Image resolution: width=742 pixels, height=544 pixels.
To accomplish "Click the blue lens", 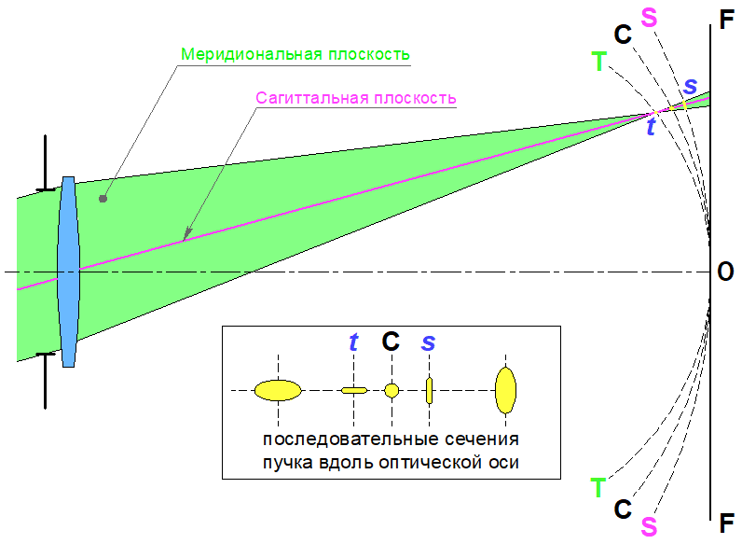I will [x=68, y=271].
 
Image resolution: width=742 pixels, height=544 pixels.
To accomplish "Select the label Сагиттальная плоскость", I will [x=355, y=97].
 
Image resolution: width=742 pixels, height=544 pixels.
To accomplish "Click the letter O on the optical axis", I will [x=725, y=272].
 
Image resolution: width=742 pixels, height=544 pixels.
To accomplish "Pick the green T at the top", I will [x=598, y=63].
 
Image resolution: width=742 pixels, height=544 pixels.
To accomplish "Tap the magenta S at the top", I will [x=649, y=17].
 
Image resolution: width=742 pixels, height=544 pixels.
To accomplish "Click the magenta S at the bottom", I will [x=649, y=526].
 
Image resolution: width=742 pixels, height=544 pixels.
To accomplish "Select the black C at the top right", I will [x=624, y=35].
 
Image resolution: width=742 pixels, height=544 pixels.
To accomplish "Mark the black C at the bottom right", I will [x=624, y=509].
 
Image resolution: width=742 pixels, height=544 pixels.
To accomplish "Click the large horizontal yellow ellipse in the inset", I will [x=278, y=390].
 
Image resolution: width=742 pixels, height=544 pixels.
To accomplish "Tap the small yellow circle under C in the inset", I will [x=392, y=390].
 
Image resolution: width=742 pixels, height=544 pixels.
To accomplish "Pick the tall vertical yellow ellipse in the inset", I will [x=506, y=390].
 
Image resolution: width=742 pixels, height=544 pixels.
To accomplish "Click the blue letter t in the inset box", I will [x=353, y=342].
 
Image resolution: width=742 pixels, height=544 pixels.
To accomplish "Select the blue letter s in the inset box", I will [x=428, y=342].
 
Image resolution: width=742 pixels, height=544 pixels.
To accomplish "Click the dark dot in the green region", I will [x=103, y=199].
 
